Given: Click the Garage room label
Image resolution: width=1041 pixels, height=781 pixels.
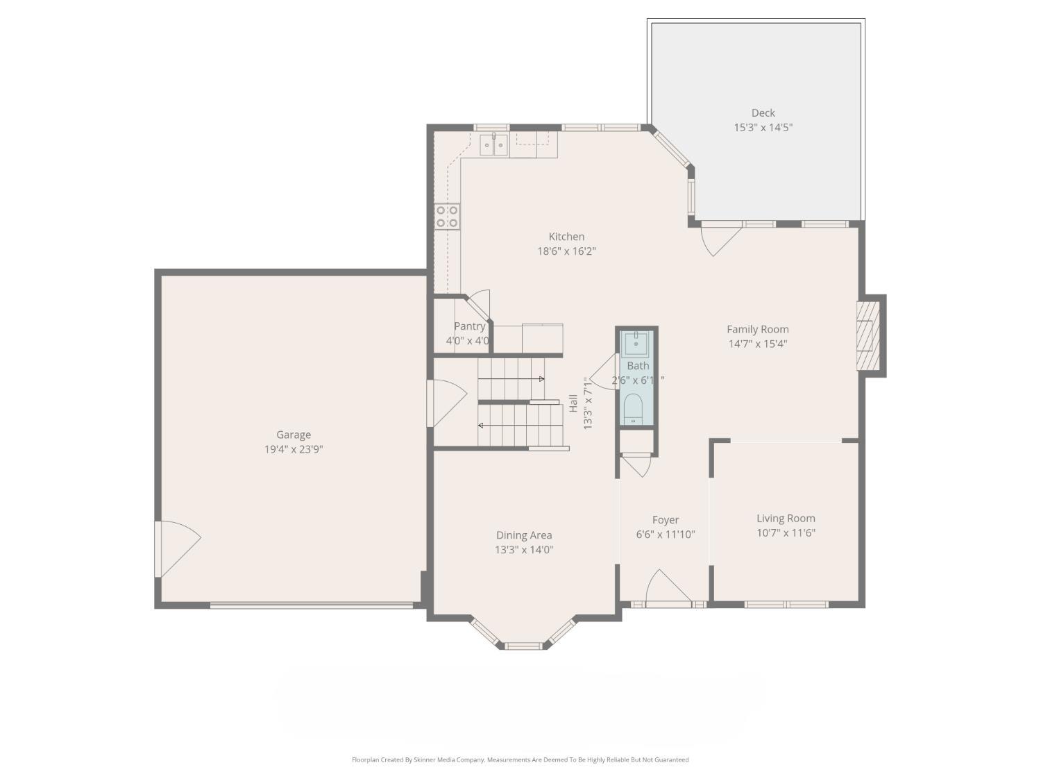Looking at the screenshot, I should coord(293,435).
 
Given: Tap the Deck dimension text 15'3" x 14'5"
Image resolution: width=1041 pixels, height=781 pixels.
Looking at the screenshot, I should coord(763,128).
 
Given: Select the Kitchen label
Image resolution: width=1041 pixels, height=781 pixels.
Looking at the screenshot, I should coord(566,237).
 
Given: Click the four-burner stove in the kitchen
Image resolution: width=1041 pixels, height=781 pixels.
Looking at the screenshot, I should coord(447,217).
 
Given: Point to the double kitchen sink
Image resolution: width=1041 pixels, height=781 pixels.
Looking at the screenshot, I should coord(494,145).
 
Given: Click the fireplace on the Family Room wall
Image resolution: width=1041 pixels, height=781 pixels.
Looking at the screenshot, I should coord(867,336).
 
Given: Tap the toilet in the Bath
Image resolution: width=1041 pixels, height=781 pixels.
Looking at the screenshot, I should coord(633,409).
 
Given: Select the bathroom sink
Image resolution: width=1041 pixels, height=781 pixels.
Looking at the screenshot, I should coord(636,343).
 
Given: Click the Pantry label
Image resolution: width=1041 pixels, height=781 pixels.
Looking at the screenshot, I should coord(469,326).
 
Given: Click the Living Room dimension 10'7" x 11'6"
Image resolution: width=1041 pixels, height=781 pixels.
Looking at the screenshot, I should coord(786,533).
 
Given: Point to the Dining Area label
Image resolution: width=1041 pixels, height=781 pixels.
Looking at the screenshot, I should coord(524,535).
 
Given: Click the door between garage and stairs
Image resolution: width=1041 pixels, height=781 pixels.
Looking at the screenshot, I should coord(444,403).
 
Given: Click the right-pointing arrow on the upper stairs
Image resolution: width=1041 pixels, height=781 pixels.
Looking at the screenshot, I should coord(540,379).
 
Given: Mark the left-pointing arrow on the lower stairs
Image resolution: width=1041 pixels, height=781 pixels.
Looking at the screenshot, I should coord(482,425).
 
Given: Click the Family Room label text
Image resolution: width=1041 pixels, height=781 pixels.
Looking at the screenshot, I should coord(757,330).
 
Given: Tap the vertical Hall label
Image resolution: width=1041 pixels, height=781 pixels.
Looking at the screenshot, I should coord(573,403).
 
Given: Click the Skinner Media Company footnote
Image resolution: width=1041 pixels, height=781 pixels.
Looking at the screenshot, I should coord(520,759).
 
